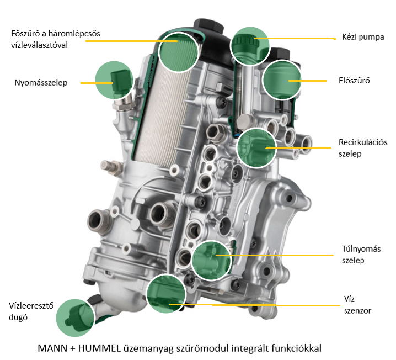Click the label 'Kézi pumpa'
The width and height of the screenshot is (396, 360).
pos(363,37)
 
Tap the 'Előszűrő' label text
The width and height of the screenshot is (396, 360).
pos(354,81)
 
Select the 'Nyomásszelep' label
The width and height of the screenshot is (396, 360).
pos(41,83)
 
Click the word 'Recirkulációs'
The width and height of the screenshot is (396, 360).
pos(363,142)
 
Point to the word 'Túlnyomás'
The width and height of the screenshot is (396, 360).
pos(361,249)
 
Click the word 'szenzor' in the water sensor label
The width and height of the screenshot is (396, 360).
pos(357,311)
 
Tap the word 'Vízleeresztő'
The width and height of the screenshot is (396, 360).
pos(31,305)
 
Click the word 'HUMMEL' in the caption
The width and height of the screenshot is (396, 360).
pos(99,348)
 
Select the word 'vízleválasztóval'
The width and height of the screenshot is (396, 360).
pos(39,45)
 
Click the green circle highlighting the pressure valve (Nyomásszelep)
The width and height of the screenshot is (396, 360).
pos(114,80)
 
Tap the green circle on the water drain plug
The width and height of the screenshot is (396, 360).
pos(75,318)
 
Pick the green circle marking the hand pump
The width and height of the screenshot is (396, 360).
pos(250,46)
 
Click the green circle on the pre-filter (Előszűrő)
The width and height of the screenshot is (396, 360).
pos(282,80)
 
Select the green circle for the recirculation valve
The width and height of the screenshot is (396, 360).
pos(256,148)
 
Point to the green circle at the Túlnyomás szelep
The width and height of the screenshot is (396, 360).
pos(212,261)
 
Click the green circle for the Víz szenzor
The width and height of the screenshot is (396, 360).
pos(166,294)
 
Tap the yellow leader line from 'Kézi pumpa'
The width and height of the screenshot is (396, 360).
pos(295,39)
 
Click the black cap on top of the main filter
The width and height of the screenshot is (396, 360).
pos(208,27)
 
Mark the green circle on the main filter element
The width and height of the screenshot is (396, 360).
pos(179,52)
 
